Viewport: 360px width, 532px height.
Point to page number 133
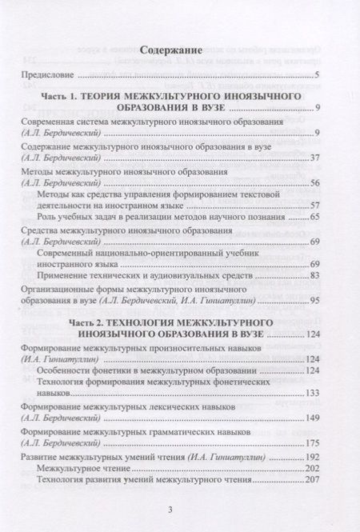point(311,393)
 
